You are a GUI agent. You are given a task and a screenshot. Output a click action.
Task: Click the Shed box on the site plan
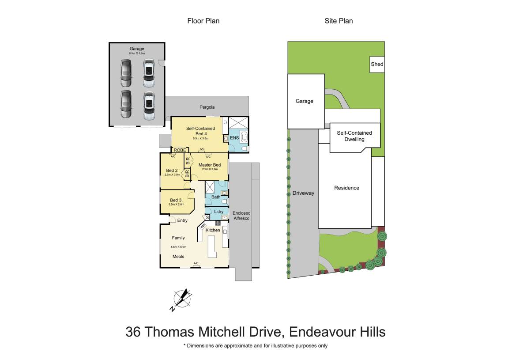tap(377, 64)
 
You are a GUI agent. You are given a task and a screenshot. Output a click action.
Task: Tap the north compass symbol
tap(181, 299)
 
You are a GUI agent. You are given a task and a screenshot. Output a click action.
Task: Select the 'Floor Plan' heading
tap(203, 21)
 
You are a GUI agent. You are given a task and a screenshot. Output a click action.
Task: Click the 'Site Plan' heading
tap(339, 21)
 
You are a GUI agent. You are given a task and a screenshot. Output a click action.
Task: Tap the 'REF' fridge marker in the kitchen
tap(203, 226)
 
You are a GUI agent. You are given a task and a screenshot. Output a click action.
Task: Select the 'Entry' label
tap(182, 220)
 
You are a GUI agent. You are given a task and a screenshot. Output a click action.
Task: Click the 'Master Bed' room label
tap(210, 165)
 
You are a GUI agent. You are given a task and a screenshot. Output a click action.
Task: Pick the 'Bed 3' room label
tap(176, 200)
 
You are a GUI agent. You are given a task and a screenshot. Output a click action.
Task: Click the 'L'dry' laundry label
tap(218, 212)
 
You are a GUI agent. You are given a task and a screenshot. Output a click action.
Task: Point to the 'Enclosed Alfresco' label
tap(241, 216)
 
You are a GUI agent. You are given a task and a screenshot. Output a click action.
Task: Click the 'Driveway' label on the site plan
tap(303, 193)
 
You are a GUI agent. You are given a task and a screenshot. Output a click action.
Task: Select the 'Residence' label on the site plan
tap(346, 188)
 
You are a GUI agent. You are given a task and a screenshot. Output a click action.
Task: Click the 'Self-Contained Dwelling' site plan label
tap(354, 136)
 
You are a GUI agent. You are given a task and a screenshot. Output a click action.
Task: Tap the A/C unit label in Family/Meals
tap(196, 264)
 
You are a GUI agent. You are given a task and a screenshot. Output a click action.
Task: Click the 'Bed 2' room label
tap(172, 171)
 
